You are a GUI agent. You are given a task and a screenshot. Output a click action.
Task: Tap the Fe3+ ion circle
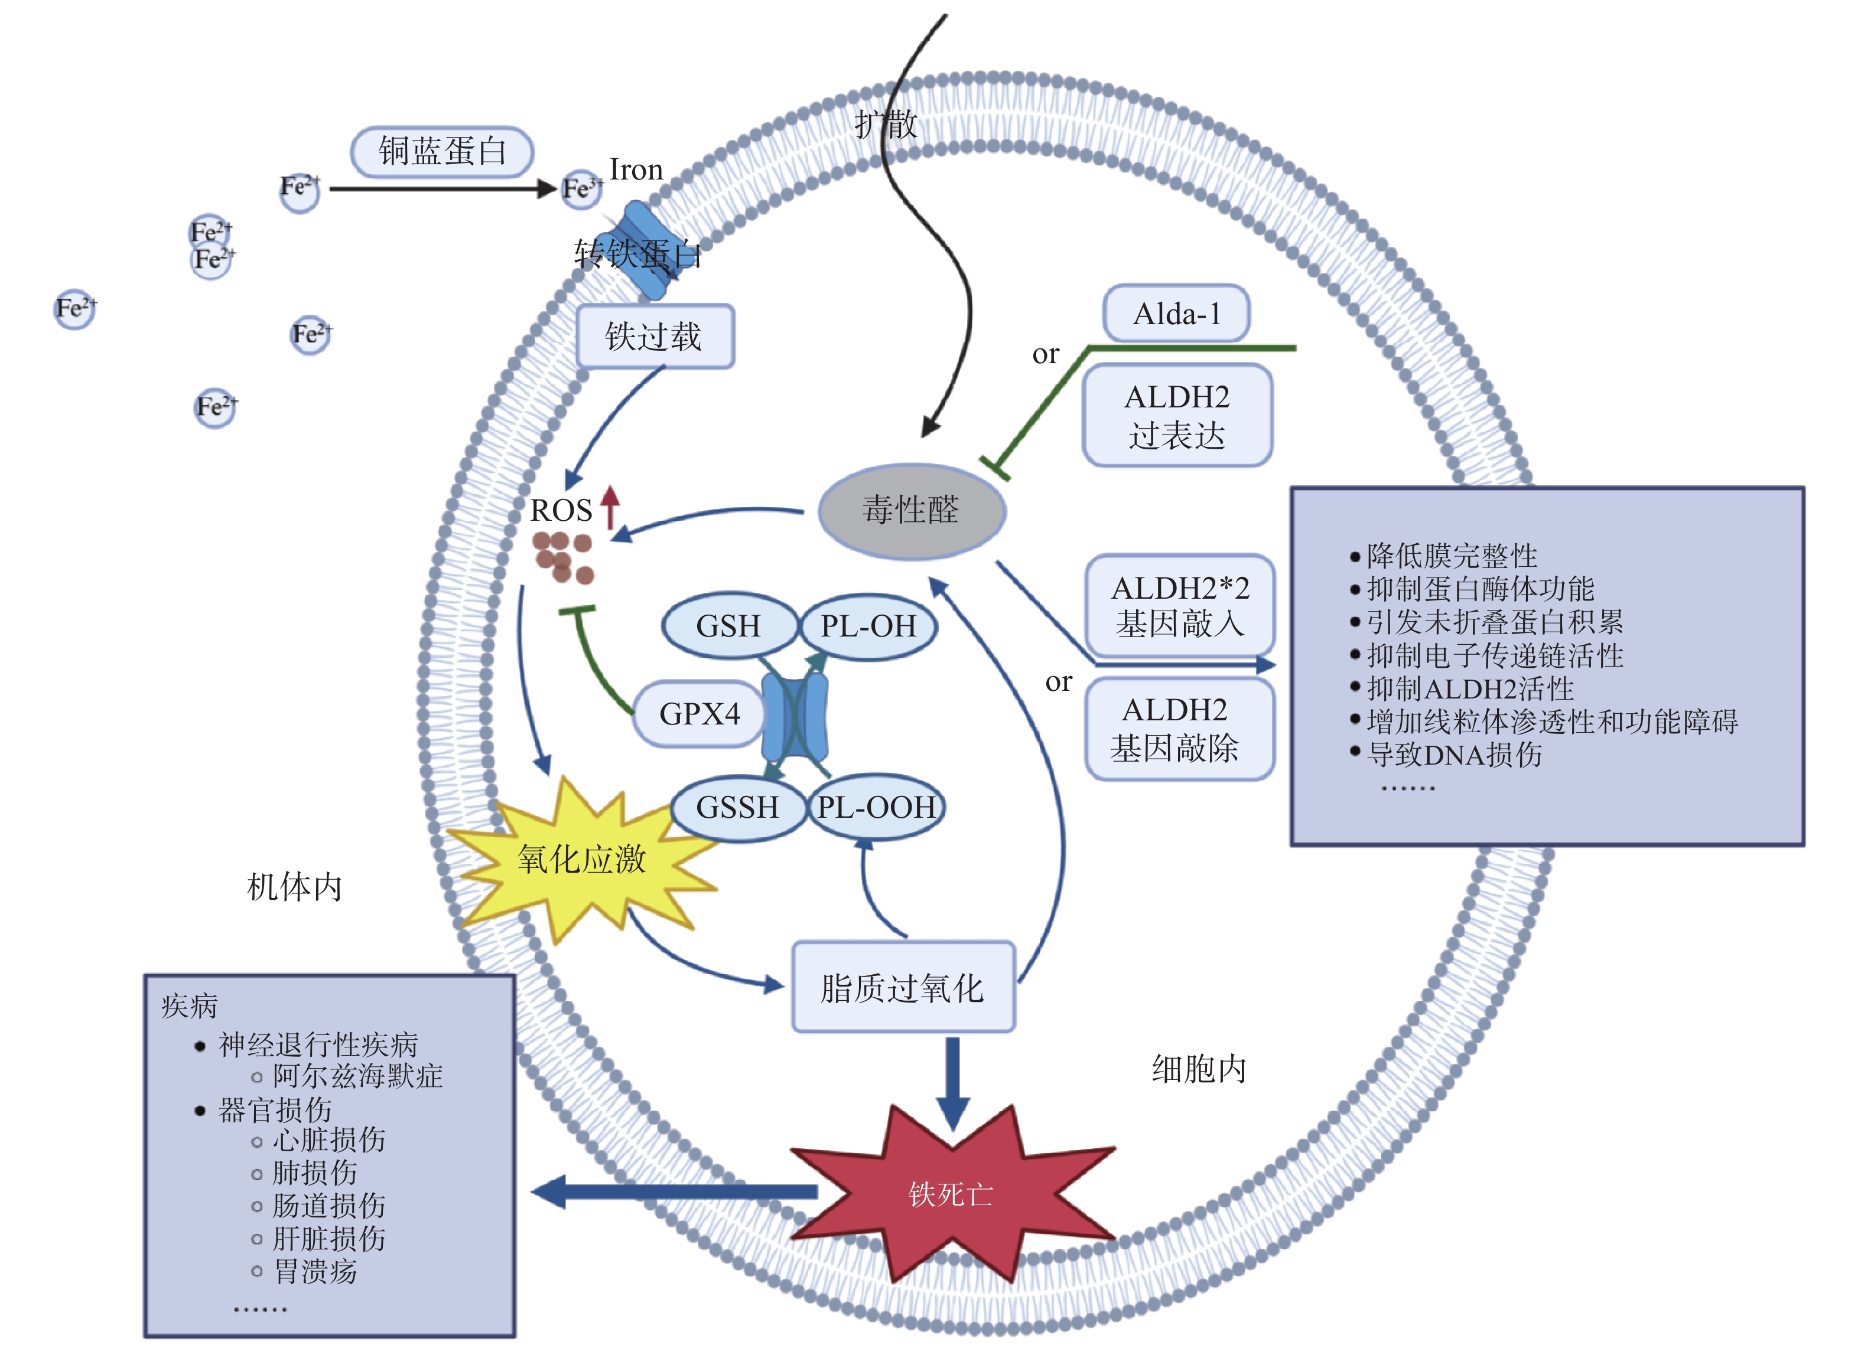coord(581,189)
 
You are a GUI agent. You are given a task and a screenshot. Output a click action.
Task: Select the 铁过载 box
coord(655,336)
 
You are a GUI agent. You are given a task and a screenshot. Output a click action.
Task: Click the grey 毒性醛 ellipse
coord(911,511)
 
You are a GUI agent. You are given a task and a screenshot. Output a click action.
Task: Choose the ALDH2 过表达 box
coord(1177,416)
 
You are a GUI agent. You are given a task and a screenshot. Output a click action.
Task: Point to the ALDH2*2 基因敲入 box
coord(1179,606)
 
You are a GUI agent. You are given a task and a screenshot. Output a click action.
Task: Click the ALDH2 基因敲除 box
coord(1179,729)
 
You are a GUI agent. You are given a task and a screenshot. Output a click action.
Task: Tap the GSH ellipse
coord(728,626)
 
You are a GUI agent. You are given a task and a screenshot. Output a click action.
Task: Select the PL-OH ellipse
coord(868,626)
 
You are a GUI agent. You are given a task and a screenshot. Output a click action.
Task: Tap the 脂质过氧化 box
coord(903,987)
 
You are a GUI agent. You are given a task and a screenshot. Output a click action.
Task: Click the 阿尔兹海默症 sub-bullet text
coord(358,1076)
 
